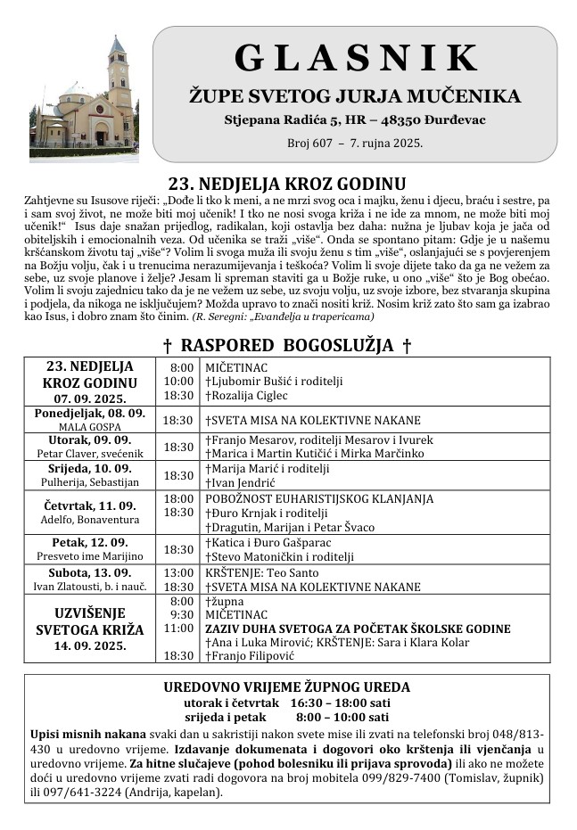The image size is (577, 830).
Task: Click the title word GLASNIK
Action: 356,58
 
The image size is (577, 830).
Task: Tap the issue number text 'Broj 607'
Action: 310,143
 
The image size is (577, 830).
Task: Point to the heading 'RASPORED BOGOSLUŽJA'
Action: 287,345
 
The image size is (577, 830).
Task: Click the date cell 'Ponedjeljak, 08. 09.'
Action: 90,414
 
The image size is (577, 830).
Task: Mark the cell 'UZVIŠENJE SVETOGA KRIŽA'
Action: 90,621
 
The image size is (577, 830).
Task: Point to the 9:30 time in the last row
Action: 181,615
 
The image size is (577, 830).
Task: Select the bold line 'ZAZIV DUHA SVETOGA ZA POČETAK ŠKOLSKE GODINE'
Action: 358,629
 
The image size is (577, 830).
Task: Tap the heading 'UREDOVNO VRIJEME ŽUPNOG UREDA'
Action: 287,686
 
